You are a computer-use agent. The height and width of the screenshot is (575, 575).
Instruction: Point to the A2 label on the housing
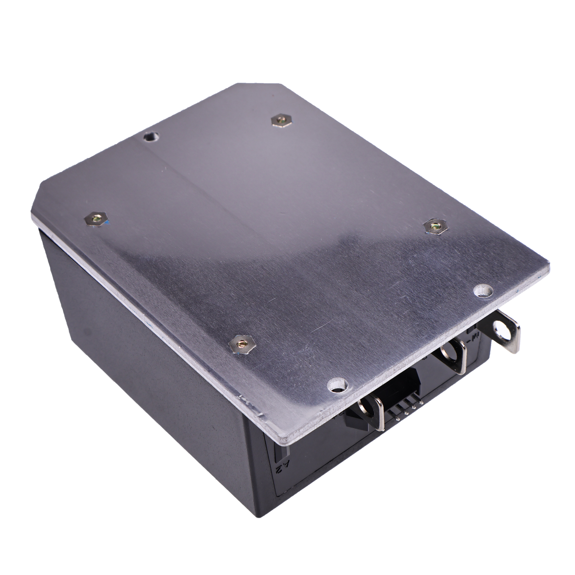(282, 468)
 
